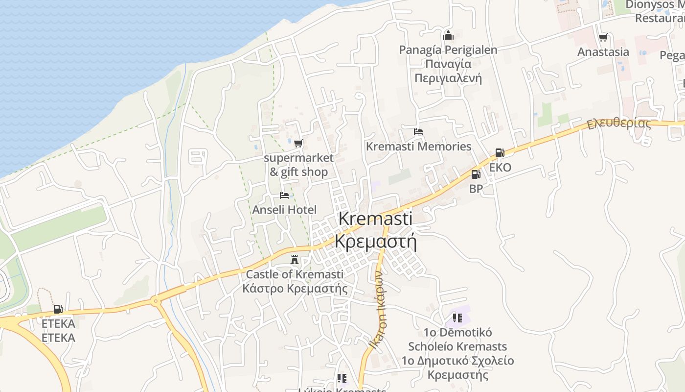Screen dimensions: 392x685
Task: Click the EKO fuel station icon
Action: [500, 153]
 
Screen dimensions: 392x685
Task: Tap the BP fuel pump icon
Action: [476, 174]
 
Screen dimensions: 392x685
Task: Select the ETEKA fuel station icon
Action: [58, 309]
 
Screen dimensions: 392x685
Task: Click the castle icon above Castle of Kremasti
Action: [295, 259]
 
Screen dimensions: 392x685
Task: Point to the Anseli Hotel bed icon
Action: [284, 196]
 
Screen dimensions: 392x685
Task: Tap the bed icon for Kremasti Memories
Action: [418, 132]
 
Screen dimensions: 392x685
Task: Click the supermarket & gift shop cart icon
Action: [298, 144]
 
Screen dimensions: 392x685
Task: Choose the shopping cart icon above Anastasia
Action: [603, 38]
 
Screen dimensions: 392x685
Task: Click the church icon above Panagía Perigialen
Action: [448, 35]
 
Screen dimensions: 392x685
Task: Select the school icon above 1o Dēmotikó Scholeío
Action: [457, 318]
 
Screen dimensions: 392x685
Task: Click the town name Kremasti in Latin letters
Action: [376, 219]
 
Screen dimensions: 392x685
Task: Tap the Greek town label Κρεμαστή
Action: [376, 242]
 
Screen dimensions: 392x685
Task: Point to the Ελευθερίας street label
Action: [619, 123]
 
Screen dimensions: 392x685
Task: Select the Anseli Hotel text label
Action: [284, 210]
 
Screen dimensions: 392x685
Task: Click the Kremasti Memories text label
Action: [419, 147]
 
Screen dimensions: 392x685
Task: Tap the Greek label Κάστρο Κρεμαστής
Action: [295, 288]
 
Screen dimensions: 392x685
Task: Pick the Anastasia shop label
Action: [603, 52]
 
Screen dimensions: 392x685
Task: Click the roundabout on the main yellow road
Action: [156, 301]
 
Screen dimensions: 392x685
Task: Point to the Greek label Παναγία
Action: [448, 64]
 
